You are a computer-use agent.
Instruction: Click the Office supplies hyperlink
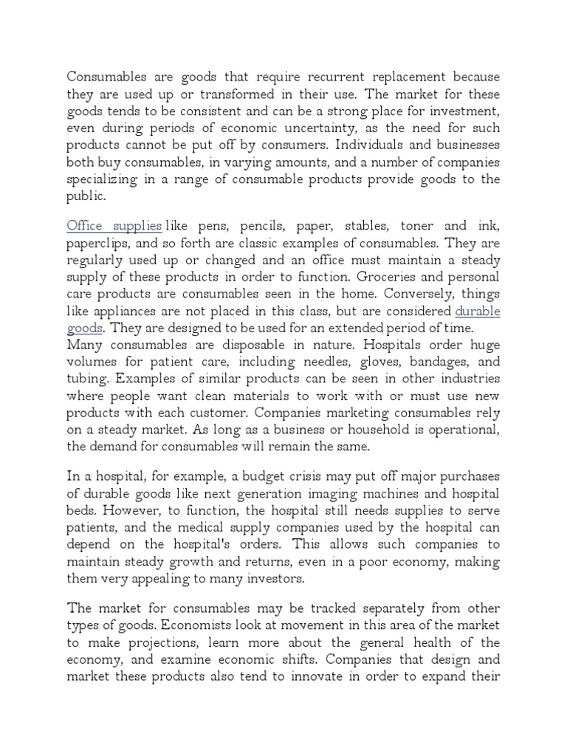tap(114, 225)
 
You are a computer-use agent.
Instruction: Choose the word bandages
tap(435, 362)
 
